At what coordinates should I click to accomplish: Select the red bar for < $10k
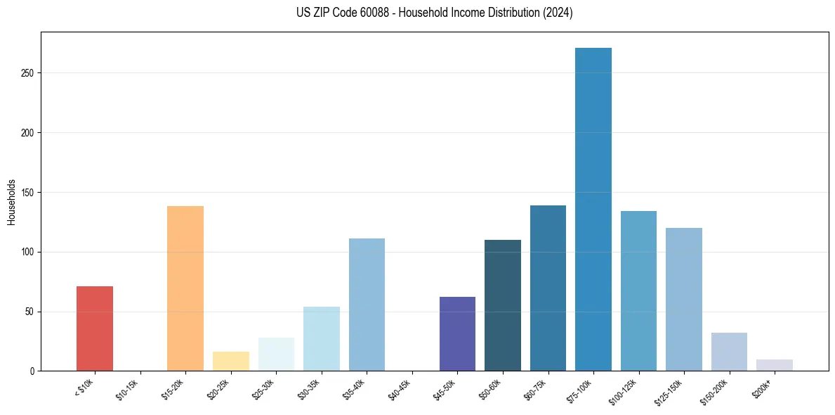(x=95, y=328)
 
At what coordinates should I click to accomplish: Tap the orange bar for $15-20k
(x=185, y=288)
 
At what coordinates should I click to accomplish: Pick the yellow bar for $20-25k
(x=231, y=362)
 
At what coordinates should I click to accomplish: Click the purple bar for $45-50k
(x=457, y=334)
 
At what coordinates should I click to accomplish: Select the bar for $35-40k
(x=367, y=305)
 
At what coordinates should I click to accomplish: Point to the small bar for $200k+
(x=775, y=365)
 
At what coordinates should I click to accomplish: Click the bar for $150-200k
(x=729, y=352)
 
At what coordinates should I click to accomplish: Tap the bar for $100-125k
(x=638, y=290)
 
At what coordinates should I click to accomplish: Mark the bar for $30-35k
(x=322, y=338)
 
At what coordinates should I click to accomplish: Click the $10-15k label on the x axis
(x=129, y=388)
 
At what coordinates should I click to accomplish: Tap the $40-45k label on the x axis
(x=400, y=388)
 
